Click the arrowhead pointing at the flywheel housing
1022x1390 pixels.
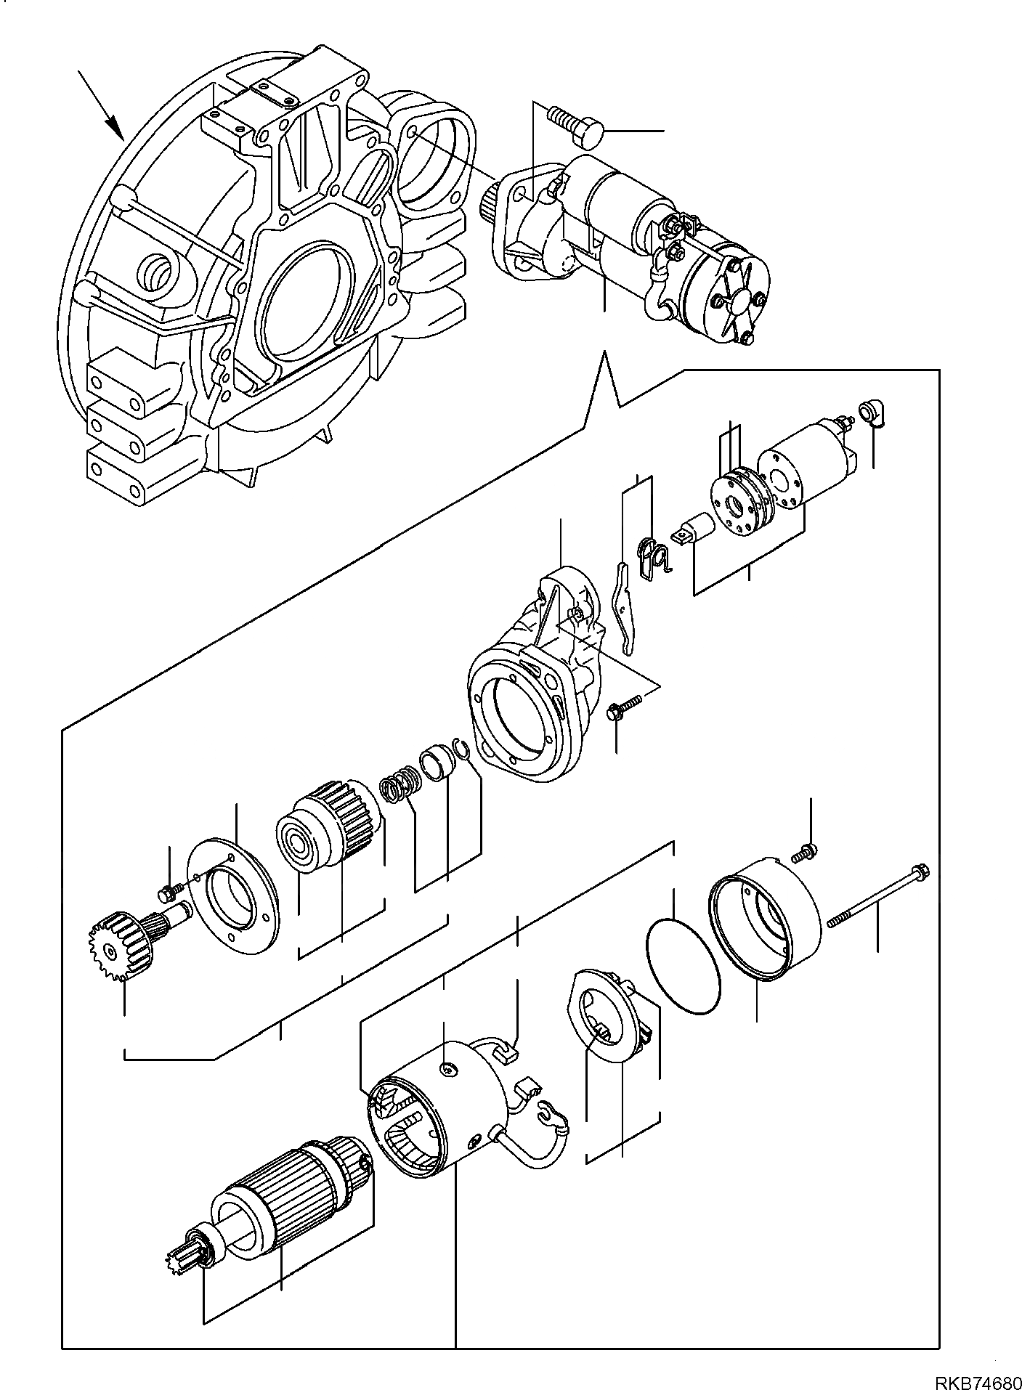pos(115,129)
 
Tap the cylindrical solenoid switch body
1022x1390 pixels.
pos(806,465)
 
